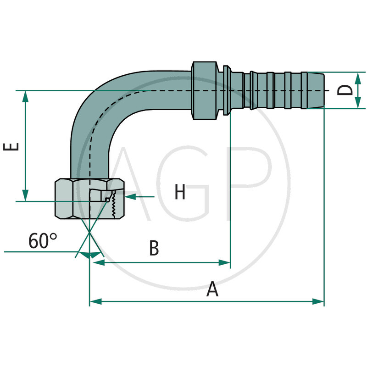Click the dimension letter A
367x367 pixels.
(x=212, y=289)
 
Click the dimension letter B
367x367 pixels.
(x=154, y=249)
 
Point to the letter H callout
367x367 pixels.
(x=180, y=192)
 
